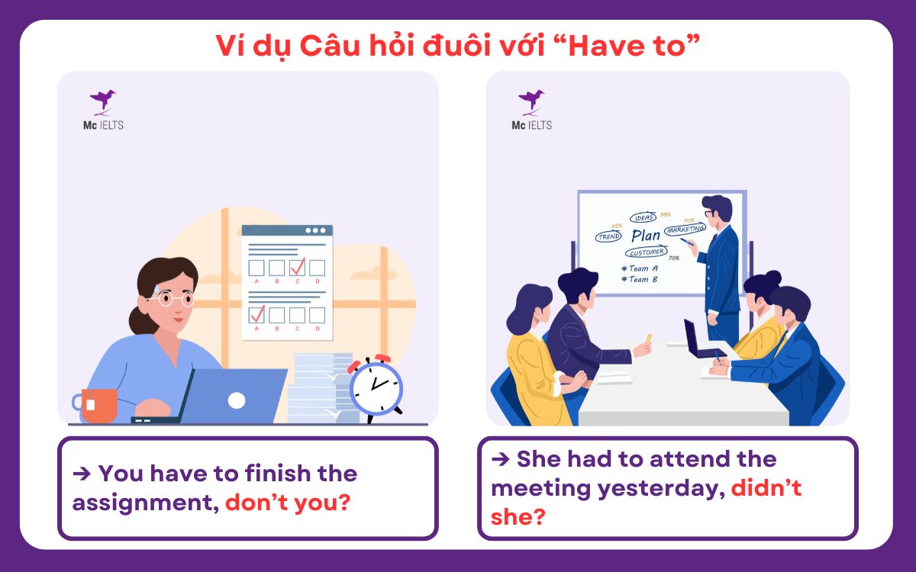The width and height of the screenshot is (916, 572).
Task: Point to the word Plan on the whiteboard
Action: [x=646, y=235]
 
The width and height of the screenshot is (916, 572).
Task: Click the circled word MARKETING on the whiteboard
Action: [x=685, y=229]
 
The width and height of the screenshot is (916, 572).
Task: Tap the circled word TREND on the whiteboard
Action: [x=609, y=236]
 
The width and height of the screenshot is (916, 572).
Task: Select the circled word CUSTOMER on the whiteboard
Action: [x=646, y=252]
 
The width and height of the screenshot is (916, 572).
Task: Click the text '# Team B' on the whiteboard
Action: [x=640, y=279]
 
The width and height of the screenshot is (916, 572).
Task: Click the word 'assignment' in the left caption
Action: [x=144, y=503]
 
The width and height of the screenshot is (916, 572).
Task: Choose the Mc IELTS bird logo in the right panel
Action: [x=531, y=100]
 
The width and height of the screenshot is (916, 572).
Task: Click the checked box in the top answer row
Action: [x=297, y=267]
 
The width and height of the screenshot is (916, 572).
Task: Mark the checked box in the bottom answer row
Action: [x=257, y=314]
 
